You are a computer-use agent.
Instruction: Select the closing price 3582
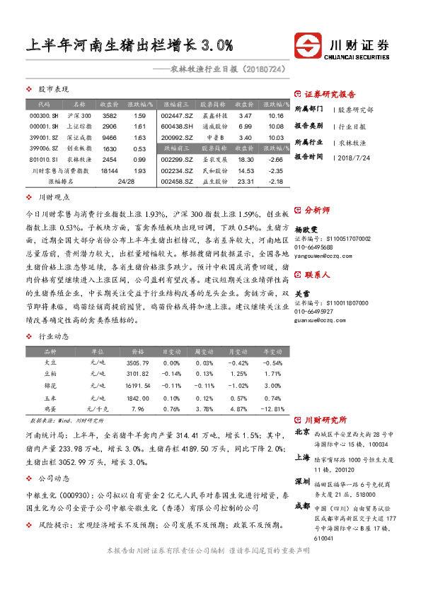pos(109,115)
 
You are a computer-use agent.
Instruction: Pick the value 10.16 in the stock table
pos(276,115)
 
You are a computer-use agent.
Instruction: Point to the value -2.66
pos(276,160)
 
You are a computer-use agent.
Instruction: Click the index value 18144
pos(109,171)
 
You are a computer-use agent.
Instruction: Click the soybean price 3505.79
pos(137,363)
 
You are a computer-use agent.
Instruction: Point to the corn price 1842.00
pos(137,397)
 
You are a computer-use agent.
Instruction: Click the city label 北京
pos(302,431)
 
